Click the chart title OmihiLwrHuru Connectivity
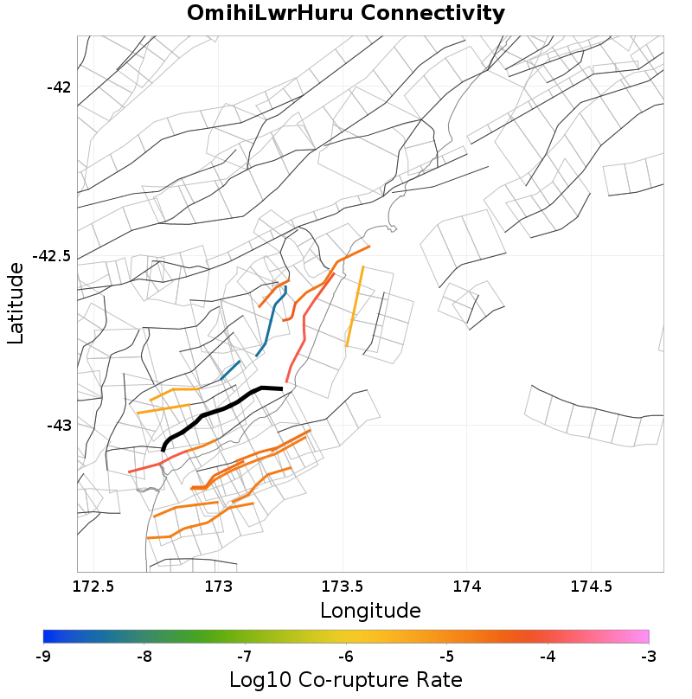(346, 13)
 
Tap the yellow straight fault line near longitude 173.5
(355, 307)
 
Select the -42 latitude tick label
(61, 87)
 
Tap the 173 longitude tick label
(219, 587)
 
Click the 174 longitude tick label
(466, 587)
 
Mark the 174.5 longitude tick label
(590, 587)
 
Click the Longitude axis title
(370, 611)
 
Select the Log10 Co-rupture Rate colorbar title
(346, 680)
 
